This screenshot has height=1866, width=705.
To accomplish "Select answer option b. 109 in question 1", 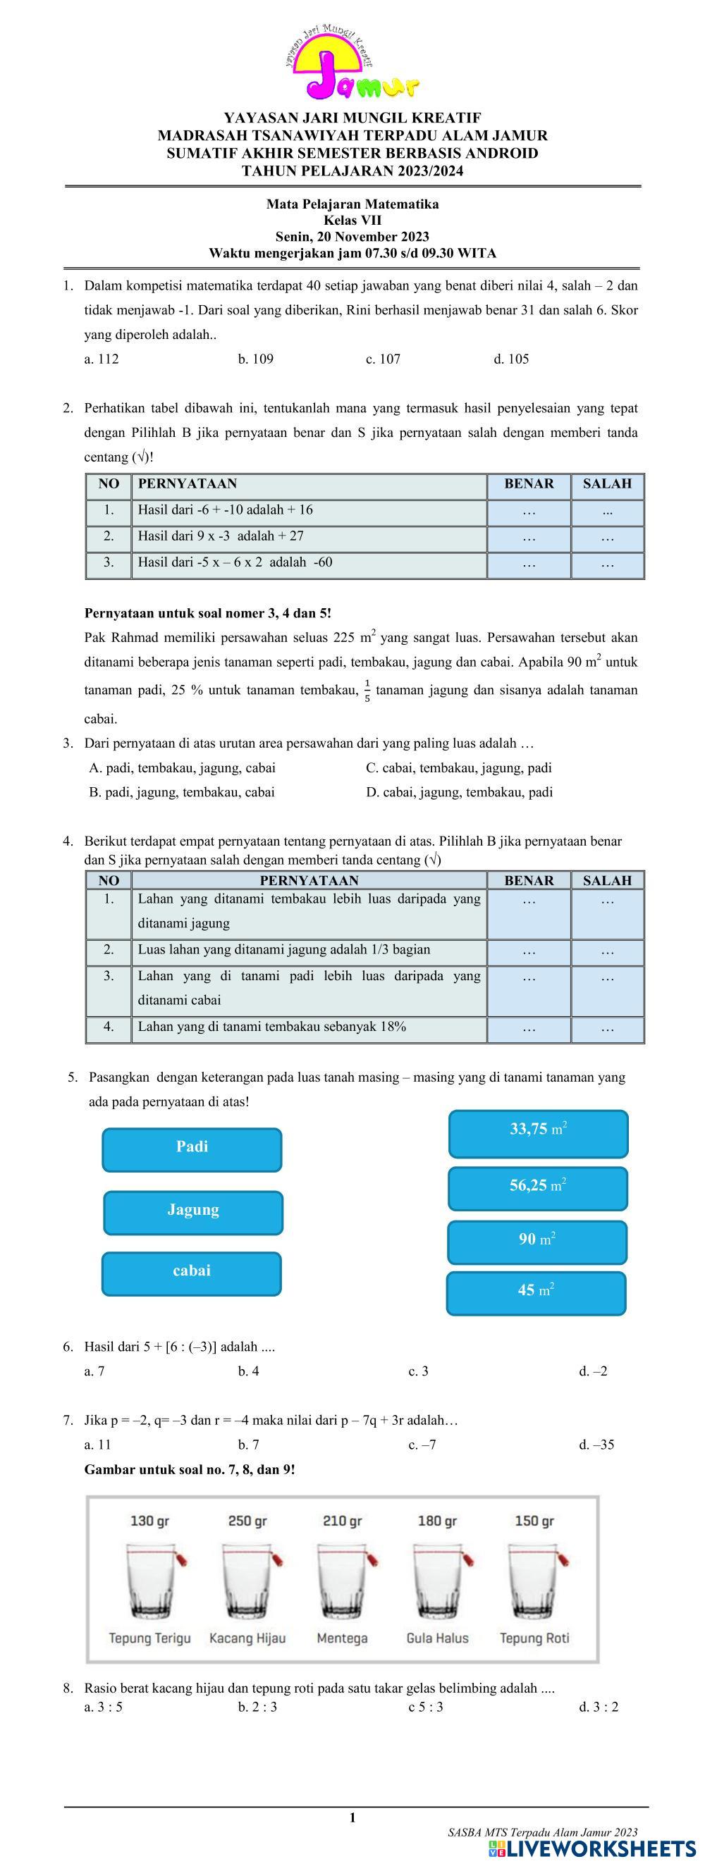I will (256, 359).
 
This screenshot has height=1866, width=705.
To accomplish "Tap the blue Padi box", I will (192, 1149).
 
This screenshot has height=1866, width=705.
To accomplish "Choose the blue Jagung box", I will (193, 1213).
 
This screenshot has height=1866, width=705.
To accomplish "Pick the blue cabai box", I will (191, 1273).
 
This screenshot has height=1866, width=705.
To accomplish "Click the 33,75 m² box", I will (539, 1134).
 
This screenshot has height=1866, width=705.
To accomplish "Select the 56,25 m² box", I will (538, 1189).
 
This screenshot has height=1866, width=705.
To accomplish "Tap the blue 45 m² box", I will (537, 1293).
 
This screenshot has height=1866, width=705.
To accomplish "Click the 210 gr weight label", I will (342, 1521).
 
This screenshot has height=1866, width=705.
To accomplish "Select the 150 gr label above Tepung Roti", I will (534, 1521).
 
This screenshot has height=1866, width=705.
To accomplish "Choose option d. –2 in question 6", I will (594, 1371).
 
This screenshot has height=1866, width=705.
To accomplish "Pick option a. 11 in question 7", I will (98, 1445).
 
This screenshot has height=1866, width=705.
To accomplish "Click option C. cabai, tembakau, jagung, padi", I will (459, 768).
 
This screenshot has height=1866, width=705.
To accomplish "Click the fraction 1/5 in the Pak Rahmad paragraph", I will (367, 691).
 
